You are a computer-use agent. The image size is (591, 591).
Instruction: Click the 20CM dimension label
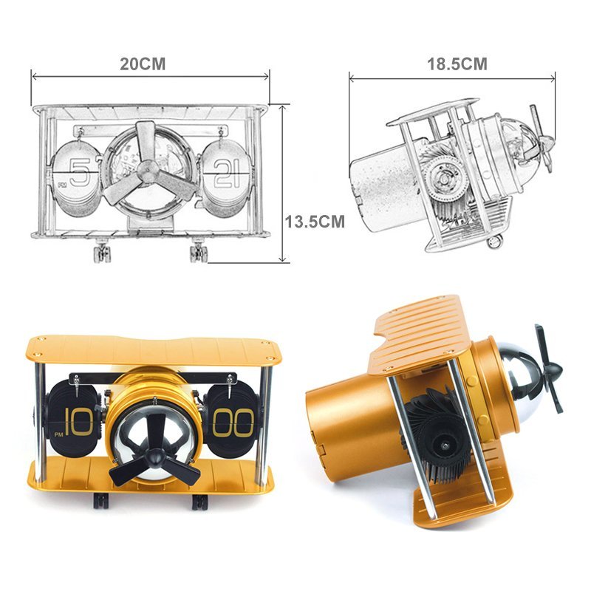(143, 64)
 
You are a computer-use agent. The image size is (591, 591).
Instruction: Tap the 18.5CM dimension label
(457, 64)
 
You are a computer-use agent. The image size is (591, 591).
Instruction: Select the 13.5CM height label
(315, 222)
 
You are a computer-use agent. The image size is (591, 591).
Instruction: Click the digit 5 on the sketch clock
(80, 172)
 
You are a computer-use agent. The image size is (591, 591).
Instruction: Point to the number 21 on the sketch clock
(227, 174)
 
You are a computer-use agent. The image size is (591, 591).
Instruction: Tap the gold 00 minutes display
(233, 423)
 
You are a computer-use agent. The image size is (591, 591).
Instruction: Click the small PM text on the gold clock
(59, 434)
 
